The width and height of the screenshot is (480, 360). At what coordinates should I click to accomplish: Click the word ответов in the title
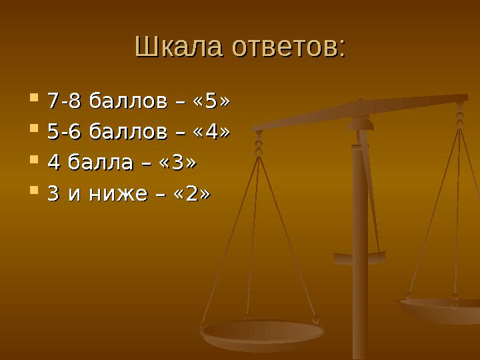click(288, 47)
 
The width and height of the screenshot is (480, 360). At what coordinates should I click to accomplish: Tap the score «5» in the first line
click(211, 102)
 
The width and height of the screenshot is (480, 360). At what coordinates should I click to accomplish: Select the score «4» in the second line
click(211, 133)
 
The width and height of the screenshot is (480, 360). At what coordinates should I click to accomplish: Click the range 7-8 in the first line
click(65, 102)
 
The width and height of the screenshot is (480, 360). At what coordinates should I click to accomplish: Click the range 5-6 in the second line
click(65, 133)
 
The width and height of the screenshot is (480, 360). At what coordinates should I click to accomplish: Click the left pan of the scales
click(263, 332)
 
